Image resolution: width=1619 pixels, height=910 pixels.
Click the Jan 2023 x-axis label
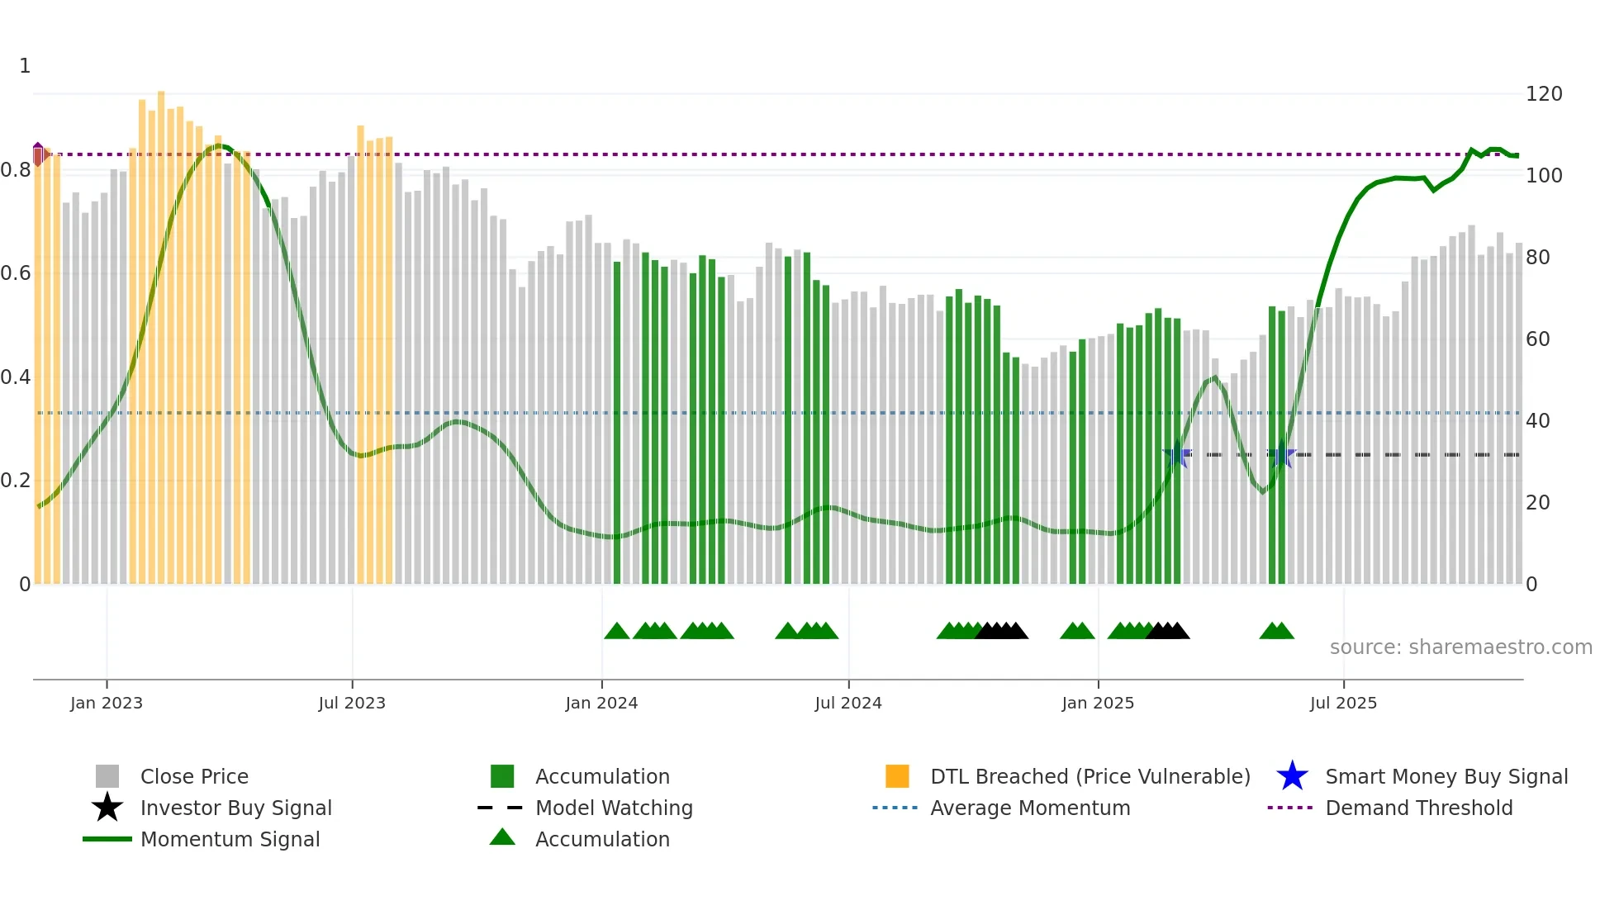point(107,703)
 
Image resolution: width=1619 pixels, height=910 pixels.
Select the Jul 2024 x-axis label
point(848,703)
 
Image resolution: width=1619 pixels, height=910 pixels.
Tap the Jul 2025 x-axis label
point(1343,703)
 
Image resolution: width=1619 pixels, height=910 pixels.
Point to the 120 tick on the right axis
point(1543,94)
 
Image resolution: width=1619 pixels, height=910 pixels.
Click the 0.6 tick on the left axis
point(16,273)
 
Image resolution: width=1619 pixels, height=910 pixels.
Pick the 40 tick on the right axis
point(1537,421)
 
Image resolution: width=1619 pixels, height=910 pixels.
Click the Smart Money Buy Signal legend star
point(1292,776)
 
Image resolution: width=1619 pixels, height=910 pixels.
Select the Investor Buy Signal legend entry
point(235,808)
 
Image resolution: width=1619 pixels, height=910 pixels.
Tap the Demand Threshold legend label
point(1418,808)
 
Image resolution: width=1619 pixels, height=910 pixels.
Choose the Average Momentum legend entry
point(1029,808)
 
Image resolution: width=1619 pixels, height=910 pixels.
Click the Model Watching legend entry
point(613,808)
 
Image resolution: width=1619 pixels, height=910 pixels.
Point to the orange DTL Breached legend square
point(897,776)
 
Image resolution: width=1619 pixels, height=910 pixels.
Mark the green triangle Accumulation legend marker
point(502,837)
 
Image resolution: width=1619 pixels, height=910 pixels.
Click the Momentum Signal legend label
point(230,839)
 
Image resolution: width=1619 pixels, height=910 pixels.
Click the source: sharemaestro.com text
point(1460,647)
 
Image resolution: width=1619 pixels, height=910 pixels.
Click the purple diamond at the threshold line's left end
point(38,154)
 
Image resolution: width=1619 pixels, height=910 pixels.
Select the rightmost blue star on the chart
point(1281,454)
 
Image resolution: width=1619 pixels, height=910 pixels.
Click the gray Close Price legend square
point(107,776)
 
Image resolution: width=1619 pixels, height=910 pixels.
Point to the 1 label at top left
point(25,66)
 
